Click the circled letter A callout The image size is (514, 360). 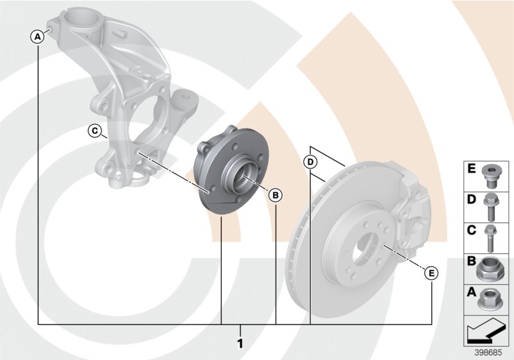point(38,36)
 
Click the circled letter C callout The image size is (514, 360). point(94,132)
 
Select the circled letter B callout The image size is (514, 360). point(274,194)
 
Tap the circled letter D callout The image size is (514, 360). point(310,161)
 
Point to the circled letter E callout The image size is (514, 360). point(432,273)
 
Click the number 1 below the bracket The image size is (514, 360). point(240,343)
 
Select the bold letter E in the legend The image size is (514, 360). point(472,170)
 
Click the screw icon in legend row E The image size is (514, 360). point(492,175)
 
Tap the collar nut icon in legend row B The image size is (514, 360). point(492,267)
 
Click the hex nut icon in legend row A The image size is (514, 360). point(492,298)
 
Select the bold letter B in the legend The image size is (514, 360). point(472,262)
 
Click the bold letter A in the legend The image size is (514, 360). point(472,292)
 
